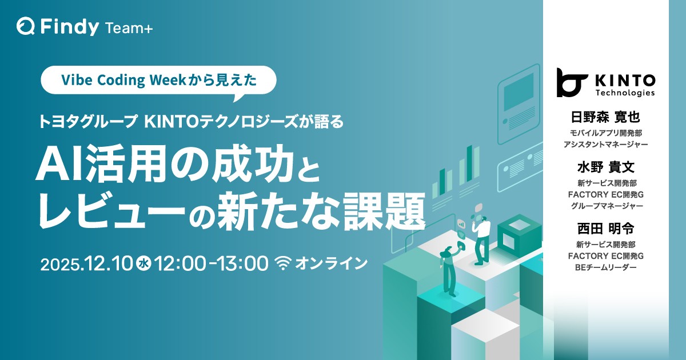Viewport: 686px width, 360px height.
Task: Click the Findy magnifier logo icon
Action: [x=26, y=26]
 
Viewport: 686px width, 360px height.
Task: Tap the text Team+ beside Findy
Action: [x=129, y=28]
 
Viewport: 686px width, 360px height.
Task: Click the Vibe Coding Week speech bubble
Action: [x=158, y=80]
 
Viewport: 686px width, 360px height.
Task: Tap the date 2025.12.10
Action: [x=86, y=263]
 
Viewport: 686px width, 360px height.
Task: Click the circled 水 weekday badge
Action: [x=143, y=263]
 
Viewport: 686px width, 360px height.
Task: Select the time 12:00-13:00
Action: [x=212, y=263]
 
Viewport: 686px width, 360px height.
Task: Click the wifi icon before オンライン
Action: [x=284, y=263]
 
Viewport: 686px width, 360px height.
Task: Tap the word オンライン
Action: [x=331, y=263]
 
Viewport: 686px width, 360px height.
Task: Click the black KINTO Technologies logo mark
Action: [x=572, y=83]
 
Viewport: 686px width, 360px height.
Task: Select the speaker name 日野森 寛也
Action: [x=605, y=117]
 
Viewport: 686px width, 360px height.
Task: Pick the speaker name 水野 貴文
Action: [x=606, y=167]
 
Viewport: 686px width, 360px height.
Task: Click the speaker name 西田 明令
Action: [x=606, y=229]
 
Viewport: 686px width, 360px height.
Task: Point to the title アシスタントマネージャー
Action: [x=606, y=144]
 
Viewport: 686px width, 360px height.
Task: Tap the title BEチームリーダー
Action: [x=606, y=267]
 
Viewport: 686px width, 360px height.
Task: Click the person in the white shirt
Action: [x=482, y=241]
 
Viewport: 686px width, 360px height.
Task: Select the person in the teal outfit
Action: [x=448, y=270]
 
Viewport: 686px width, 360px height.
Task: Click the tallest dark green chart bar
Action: [x=469, y=163]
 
